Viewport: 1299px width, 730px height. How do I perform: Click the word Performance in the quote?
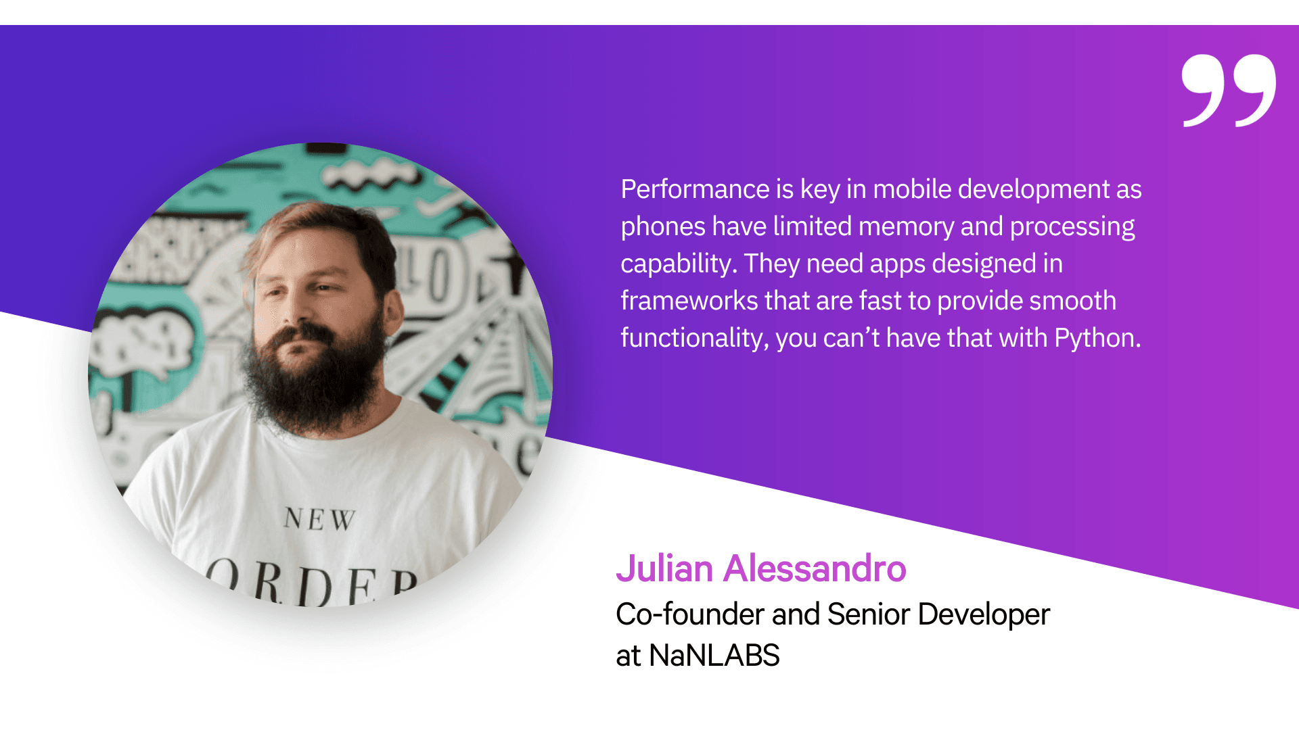pyautogui.click(x=695, y=189)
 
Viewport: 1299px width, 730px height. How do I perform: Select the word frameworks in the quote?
pyautogui.click(x=689, y=301)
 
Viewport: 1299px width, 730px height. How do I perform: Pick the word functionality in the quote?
pyautogui.click(x=693, y=339)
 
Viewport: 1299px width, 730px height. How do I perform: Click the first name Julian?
pyautogui.click(x=665, y=568)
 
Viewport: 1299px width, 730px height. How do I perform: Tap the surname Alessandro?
pyautogui.click(x=815, y=568)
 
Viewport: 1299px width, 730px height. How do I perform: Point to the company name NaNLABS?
pyautogui.click(x=714, y=656)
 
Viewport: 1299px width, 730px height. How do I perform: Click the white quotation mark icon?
pyautogui.click(x=1229, y=91)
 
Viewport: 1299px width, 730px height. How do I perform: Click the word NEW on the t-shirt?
pyautogui.click(x=319, y=519)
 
